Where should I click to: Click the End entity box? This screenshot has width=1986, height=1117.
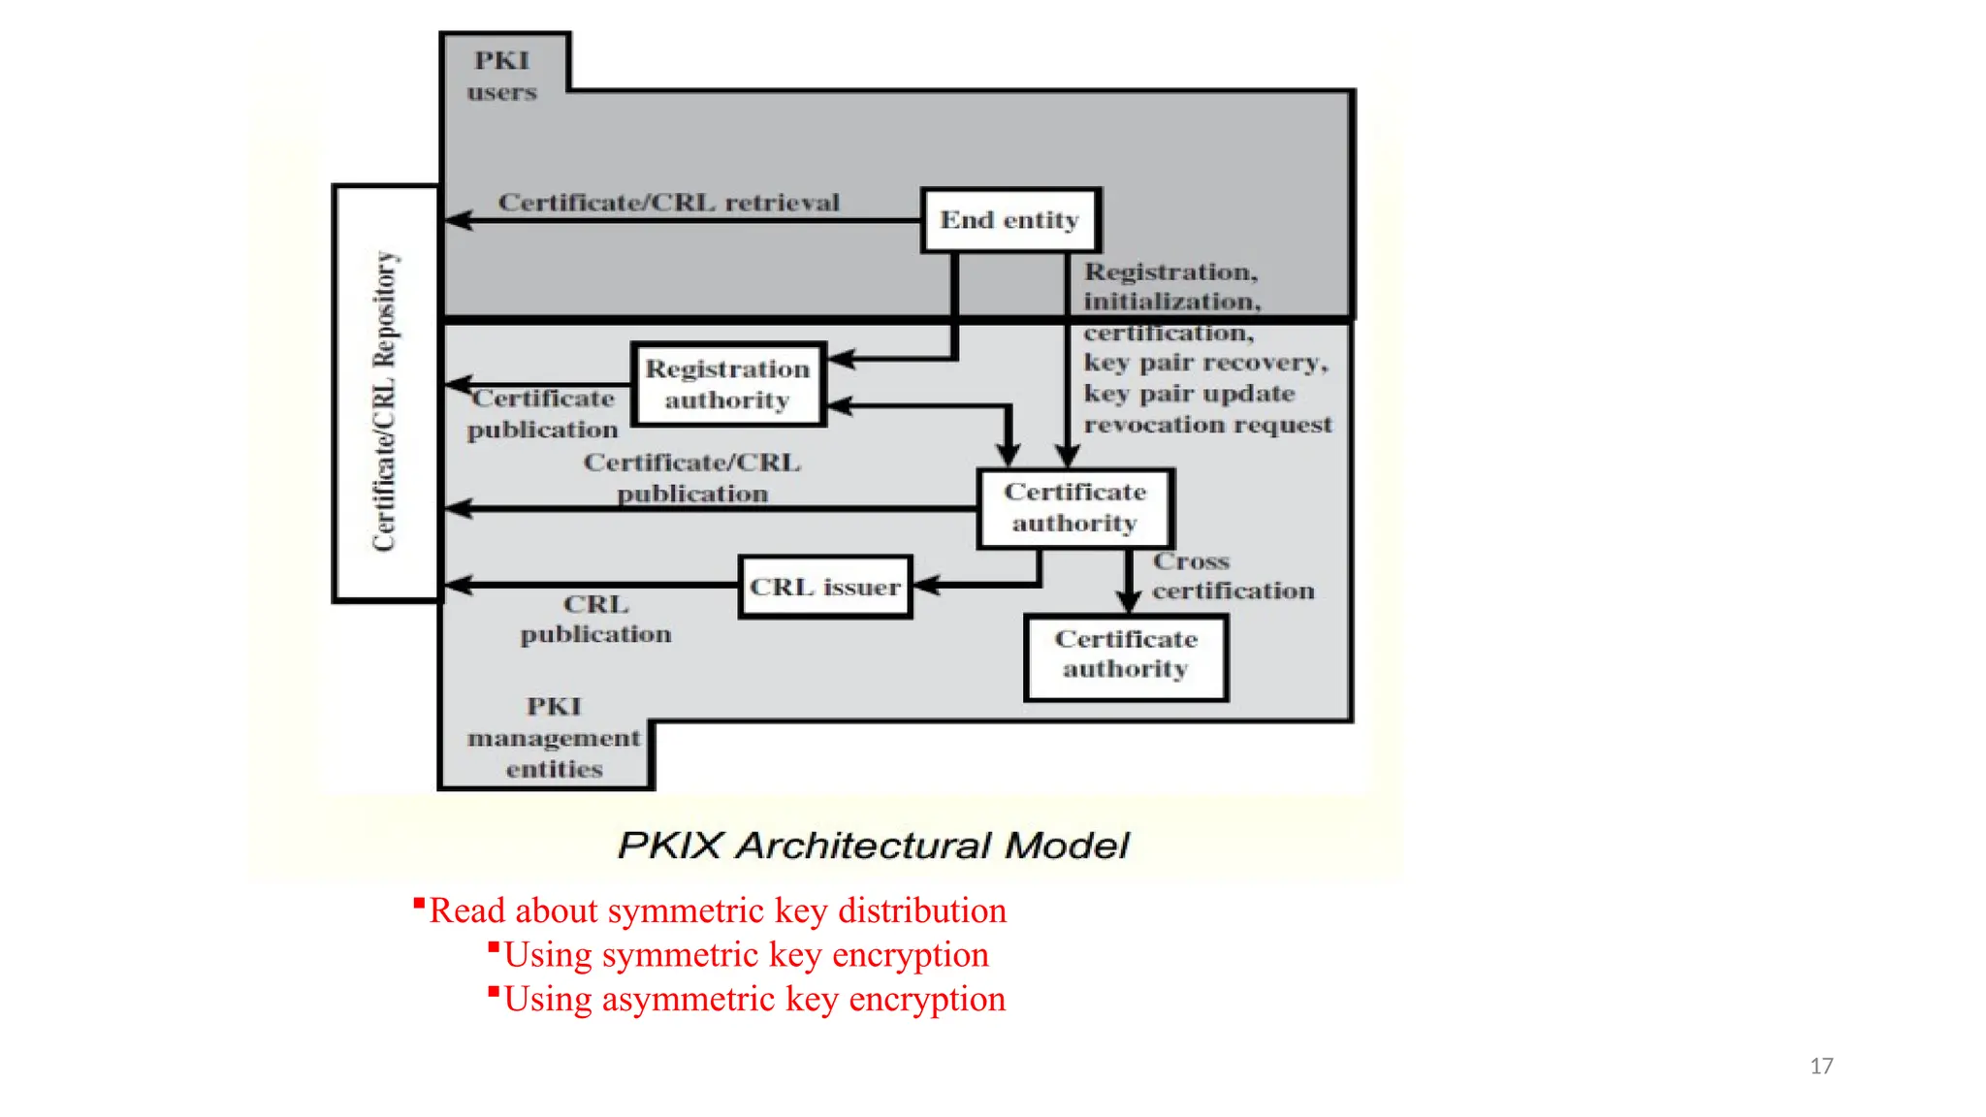1010,220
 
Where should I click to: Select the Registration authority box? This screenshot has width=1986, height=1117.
728,385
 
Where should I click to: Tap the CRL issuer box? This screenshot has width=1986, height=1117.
825,587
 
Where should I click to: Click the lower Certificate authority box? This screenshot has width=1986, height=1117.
1126,655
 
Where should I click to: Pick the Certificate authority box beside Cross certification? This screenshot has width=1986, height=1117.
1075,508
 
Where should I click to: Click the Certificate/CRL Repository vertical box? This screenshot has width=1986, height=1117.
386,394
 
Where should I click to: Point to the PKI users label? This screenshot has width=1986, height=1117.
502,76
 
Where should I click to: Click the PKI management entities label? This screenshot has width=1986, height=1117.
554,738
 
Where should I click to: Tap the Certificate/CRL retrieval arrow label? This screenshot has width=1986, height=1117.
668,203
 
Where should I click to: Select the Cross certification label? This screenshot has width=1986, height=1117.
1233,576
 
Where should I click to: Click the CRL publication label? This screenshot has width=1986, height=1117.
595,619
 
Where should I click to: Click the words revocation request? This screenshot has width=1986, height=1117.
1207,425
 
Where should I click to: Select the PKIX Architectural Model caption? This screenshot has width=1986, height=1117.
873,846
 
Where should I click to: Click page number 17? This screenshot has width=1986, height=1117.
1821,1067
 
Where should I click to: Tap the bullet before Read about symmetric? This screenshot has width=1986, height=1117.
419,905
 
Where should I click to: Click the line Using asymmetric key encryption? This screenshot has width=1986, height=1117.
754,1000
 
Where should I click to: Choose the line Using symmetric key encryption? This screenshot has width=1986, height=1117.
746,955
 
